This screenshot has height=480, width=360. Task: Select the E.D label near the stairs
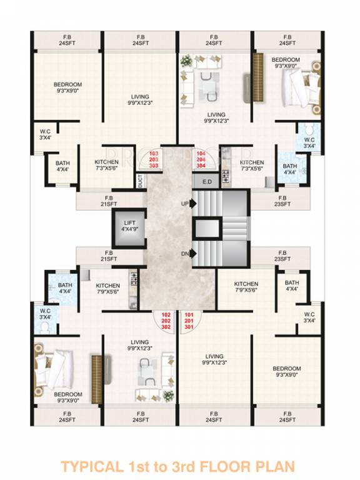tap(208, 181)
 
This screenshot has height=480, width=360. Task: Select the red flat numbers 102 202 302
tap(166, 321)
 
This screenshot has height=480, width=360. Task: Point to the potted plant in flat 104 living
tap(186, 61)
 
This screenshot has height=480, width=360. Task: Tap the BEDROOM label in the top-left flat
tap(65, 86)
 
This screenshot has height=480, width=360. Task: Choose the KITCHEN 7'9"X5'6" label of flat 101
tap(246, 287)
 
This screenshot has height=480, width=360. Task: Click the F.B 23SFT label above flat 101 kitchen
tap(282, 255)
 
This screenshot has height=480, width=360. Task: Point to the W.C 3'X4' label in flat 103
tap(44, 134)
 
